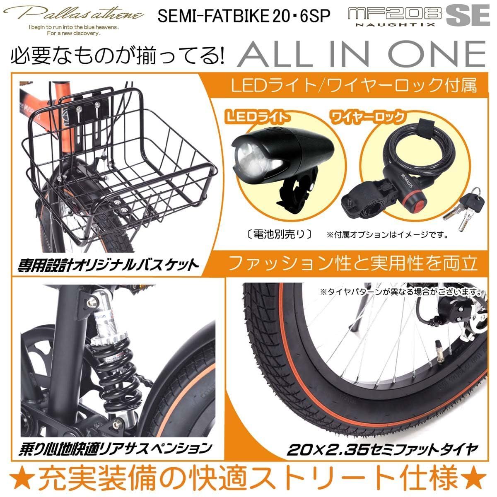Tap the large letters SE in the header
coord(465,16)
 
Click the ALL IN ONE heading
coord(361,54)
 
